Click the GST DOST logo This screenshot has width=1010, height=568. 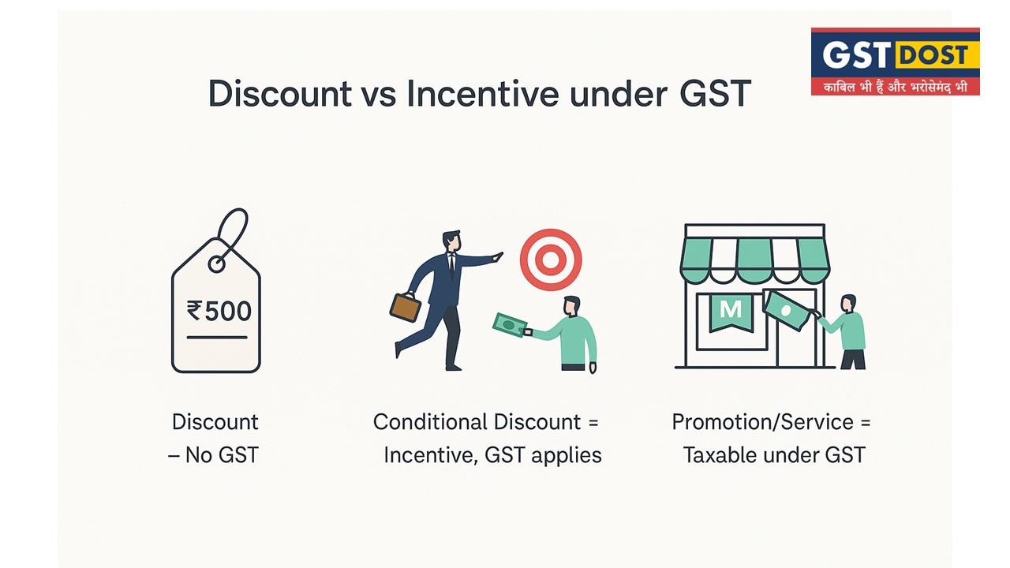coord(895,62)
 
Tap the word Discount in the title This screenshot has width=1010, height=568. coord(279,94)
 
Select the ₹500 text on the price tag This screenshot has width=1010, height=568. coord(219,310)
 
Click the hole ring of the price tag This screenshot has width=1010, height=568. coord(216,263)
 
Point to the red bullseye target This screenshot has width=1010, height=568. coord(551,259)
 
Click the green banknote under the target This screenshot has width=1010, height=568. coord(510,324)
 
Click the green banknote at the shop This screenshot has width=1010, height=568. coord(787,310)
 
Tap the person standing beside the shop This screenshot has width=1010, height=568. coord(851,332)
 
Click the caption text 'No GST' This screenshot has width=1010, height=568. coord(221,455)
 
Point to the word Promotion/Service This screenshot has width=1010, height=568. coord(762,422)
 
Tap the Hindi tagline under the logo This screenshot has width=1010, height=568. coord(895,86)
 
